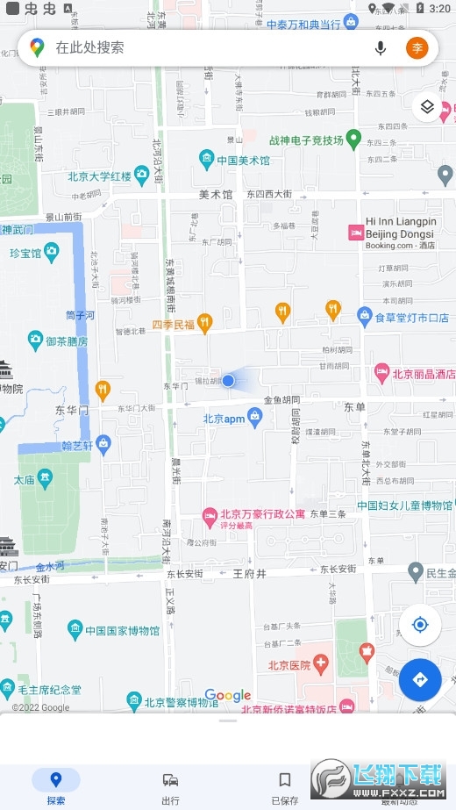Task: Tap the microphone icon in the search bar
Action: tap(381, 48)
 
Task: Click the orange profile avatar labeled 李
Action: tap(417, 48)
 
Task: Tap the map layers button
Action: tap(427, 107)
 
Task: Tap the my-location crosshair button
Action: tap(419, 625)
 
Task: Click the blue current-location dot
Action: tap(228, 380)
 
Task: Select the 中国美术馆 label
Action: tap(243, 161)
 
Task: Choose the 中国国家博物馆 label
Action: tap(123, 630)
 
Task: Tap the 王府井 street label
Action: tap(249, 573)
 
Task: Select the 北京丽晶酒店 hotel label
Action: tap(424, 373)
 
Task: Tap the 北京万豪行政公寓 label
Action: tap(261, 514)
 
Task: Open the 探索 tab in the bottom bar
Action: tap(55, 786)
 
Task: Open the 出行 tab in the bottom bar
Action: tap(170, 786)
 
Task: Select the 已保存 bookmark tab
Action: tap(284, 786)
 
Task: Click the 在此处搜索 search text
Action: tap(89, 48)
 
